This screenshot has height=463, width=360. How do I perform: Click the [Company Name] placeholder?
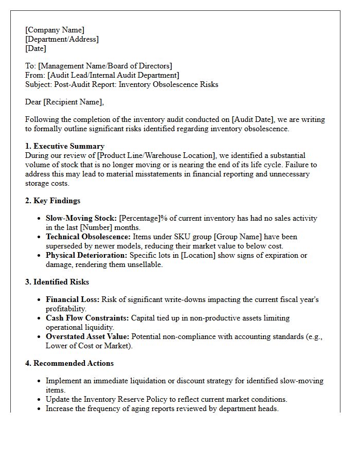coord(55,30)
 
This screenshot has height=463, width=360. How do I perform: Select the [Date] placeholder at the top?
coord(35,48)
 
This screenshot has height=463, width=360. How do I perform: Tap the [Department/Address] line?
coord(62,39)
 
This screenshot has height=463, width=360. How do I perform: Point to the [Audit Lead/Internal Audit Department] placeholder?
coord(113,75)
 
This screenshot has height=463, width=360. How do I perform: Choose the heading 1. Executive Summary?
coord(65,146)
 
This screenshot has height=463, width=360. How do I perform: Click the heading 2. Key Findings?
coord(52,201)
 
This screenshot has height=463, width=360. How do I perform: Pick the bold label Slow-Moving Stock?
coord(81,218)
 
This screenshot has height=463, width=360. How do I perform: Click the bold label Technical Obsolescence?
coord(88,237)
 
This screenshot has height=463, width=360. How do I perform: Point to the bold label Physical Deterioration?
coord(86,255)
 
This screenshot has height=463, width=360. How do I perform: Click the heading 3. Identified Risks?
coord(57,282)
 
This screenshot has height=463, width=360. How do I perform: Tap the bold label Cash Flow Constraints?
coord(87,318)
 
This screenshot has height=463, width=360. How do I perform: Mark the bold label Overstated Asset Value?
coord(88,336)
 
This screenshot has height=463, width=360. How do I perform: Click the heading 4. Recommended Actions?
coord(69,363)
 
